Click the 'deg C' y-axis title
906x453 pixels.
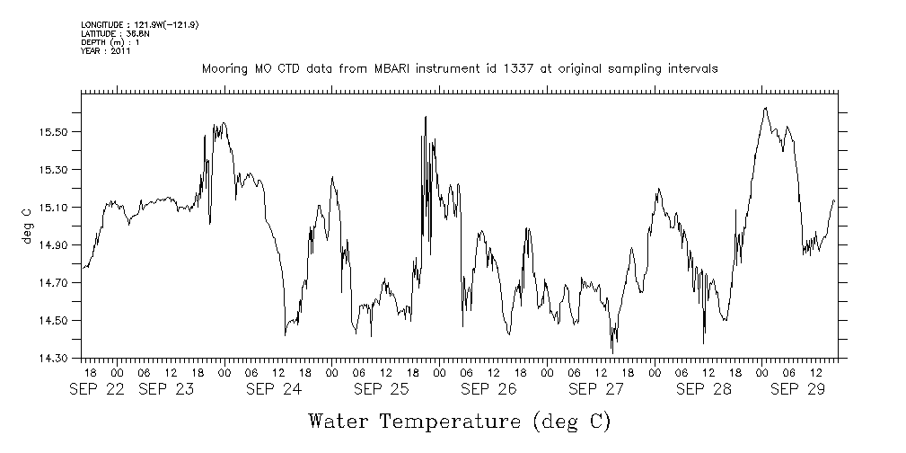click(26, 225)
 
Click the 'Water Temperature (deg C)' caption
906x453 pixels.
click(459, 421)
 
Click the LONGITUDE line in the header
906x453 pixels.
click(139, 24)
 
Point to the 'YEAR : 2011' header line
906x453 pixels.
click(106, 51)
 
